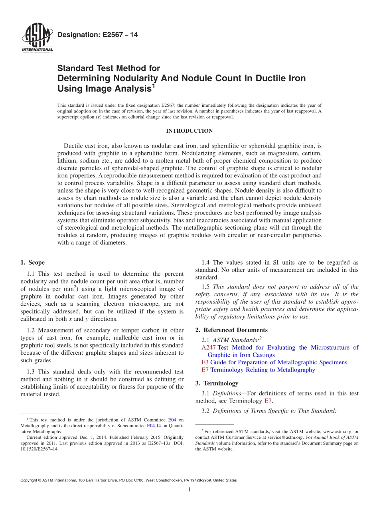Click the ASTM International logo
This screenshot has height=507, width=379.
37,38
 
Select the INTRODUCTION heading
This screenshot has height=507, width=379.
189,131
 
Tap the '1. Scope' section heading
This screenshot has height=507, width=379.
32,263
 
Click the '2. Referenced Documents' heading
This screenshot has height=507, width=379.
231,330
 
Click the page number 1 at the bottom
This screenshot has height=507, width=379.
189,489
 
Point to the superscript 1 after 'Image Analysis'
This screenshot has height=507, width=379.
154,85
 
